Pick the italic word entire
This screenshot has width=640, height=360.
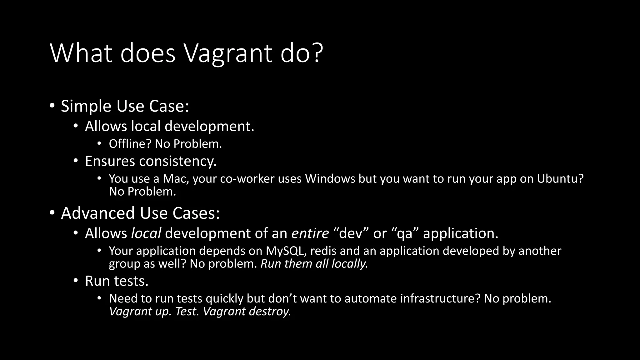(x=310, y=233)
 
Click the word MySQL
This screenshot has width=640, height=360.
(x=285, y=251)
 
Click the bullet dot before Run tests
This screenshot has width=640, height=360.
(x=76, y=280)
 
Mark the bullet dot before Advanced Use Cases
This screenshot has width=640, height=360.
(x=52, y=212)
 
